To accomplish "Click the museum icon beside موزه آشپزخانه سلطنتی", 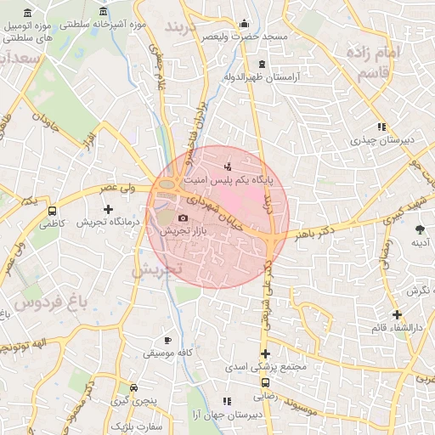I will point(104,13).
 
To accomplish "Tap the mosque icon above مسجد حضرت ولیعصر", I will point(245,24).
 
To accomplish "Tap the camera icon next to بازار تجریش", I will point(183,217).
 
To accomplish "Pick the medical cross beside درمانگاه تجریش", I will point(107,209).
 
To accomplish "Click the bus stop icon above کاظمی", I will point(53,212).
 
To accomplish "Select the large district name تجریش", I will point(157,270).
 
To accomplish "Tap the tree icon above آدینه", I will point(420,229).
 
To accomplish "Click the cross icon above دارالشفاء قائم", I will point(397,314).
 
